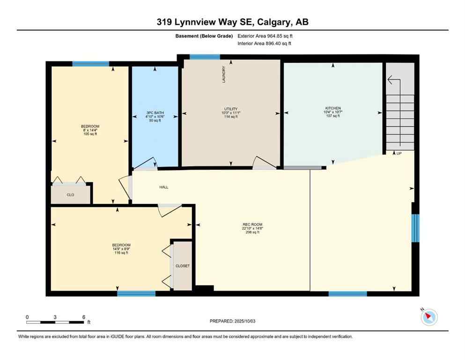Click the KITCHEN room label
(333, 108)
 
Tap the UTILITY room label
(230, 109)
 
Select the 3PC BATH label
(154, 112)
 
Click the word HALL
(163, 187)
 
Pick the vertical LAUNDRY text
(224, 75)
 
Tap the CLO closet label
(70, 195)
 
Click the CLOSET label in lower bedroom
(183, 266)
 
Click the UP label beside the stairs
(399, 153)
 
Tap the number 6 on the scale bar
(83, 317)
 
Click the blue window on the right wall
(415, 228)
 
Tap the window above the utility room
(205, 57)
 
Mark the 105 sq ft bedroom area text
(90, 134)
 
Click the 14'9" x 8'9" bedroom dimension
(121, 249)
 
